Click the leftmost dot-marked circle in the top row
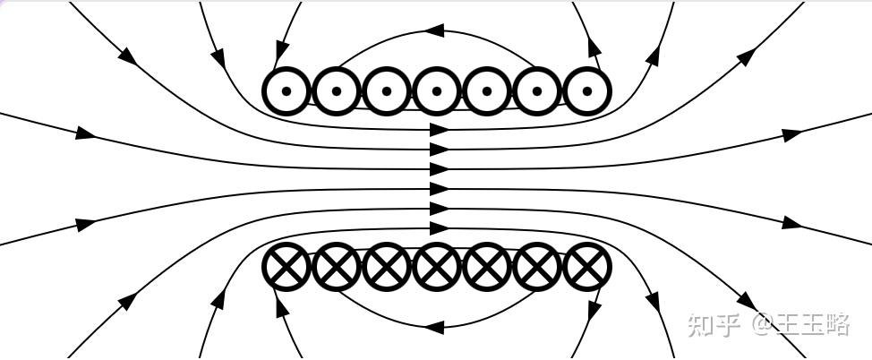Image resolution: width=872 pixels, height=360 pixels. pyautogui.click(x=286, y=90)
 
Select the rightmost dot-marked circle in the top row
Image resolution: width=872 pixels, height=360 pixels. pyautogui.click(x=587, y=90)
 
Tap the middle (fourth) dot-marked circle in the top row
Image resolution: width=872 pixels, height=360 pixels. pyautogui.click(x=437, y=90)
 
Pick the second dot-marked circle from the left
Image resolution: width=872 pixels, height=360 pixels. pyautogui.click(x=337, y=90)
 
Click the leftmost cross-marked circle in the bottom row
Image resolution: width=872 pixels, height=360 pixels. pyautogui.click(x=286, y=267)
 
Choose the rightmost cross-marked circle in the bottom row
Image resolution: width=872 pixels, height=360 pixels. pyautogui.click(x=587, y=267)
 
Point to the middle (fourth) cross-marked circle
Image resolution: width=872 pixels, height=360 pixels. pyautogui.click(x=437, y=267)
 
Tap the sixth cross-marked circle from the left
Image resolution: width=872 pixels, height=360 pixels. pyautogui.click(x=537, y=267)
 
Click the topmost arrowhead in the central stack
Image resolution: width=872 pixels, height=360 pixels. pyautogui.click(x=439, y=129)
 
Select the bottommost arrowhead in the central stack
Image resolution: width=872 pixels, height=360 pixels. pyautogui.click(x=439, y=229)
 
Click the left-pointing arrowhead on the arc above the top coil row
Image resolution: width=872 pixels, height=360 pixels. pyautogui.click(x=434, y=30)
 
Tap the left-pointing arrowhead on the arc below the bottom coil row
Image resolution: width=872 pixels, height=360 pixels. pyautogui.click(x=434, y=327)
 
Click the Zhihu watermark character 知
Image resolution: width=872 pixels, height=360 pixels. pyautogui.click(x=702, y=324)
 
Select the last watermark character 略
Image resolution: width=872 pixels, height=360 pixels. pyautogui.click(x=835, y=324)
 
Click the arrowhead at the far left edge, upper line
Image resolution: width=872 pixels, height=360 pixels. pyautogui.click(x=85, y=133)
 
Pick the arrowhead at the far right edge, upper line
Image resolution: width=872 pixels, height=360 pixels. pyautogui.click(x=791, y=135)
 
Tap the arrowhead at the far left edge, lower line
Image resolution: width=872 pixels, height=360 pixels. pyautogui.click(x=86, y=225)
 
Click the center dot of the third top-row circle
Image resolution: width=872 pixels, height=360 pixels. pyautogui.click(x=387, y=90)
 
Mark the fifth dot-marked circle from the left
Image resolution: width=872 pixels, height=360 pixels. pyautogui.click(x=487, y=90)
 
